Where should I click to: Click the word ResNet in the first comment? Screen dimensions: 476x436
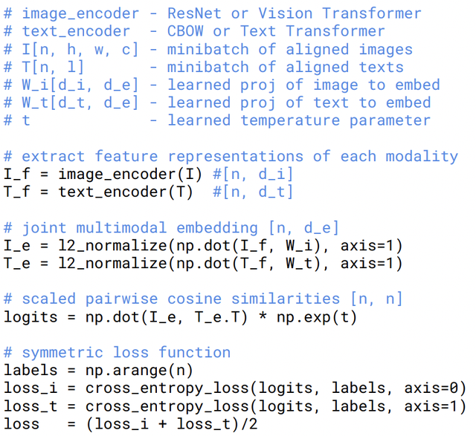194,13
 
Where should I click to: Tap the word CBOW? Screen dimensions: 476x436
185,31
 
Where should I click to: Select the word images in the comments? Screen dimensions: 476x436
386,50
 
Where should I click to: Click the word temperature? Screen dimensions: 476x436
290,120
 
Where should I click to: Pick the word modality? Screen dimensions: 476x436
422,157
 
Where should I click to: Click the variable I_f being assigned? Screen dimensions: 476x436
17,175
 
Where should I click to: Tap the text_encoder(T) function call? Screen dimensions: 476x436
126,192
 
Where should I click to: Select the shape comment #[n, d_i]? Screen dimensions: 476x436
253,175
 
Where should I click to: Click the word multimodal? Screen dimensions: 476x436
121,228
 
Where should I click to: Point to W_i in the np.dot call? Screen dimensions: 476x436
299,246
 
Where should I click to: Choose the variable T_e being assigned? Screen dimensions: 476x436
17,264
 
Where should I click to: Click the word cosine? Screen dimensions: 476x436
194,299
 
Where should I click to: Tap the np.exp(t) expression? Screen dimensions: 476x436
317,317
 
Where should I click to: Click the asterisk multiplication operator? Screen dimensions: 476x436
263,316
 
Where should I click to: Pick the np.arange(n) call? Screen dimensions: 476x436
139,371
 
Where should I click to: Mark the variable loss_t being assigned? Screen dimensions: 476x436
30,406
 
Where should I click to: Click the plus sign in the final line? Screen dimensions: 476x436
163,424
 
